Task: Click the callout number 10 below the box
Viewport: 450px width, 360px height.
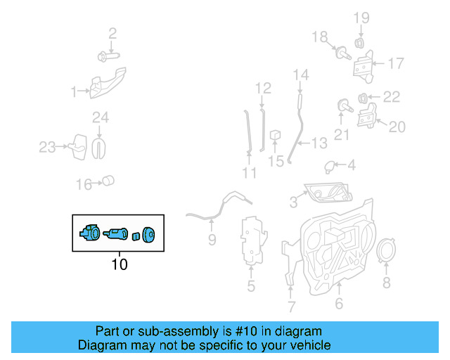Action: click(119, 265)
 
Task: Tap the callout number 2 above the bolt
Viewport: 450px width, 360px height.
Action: click(112, 32)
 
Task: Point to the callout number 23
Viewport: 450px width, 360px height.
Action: click(46, 147)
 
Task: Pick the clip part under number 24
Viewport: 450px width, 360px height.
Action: click(101, 146)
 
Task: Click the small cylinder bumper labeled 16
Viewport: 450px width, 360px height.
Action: click(108, 181)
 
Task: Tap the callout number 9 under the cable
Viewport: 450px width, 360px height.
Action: click(212, 240)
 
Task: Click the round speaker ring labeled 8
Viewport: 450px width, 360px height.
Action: click(385, 252)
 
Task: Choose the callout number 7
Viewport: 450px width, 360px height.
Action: click(291, 307)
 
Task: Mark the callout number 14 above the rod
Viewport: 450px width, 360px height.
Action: click(301, 74)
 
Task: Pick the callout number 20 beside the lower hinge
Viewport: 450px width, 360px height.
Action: click(397, 127)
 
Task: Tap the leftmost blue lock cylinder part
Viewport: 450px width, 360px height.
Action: click(90, 233)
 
